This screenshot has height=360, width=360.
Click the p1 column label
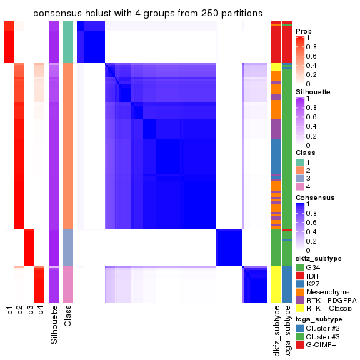[10, 311]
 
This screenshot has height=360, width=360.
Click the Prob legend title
[304, 31]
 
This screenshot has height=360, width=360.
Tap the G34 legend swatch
[300, 267]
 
